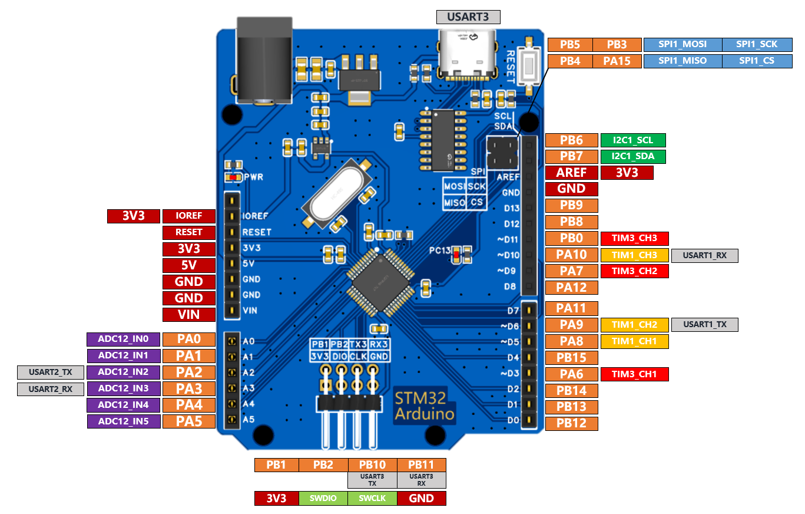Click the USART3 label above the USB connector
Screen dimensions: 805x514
pos(468,17)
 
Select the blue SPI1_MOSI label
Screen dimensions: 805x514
pos(683,45)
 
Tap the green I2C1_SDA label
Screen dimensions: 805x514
pos(633,156)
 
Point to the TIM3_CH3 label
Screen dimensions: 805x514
pos(634,238)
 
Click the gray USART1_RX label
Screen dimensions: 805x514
pos(704,255)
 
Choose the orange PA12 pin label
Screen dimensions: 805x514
pos(571,288)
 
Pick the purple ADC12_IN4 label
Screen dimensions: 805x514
pos(123,405)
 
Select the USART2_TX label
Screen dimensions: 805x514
pos(50,373)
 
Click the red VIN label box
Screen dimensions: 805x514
pos(188,315)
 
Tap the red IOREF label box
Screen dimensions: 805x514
pos(188,216)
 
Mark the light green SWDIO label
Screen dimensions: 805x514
pos(323,498)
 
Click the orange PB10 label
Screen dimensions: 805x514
pos(372,464)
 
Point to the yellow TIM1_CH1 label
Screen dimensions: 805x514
pos(634,341)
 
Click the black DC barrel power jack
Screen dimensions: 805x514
pos(264,61)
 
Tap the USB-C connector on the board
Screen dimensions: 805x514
pos(467,55)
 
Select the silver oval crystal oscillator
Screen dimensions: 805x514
pos(337,195)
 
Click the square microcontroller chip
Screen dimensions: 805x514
pos(380,282)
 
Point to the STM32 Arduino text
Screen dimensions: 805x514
pos(425,406)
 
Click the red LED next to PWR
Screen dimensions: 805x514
pos(233,177)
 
